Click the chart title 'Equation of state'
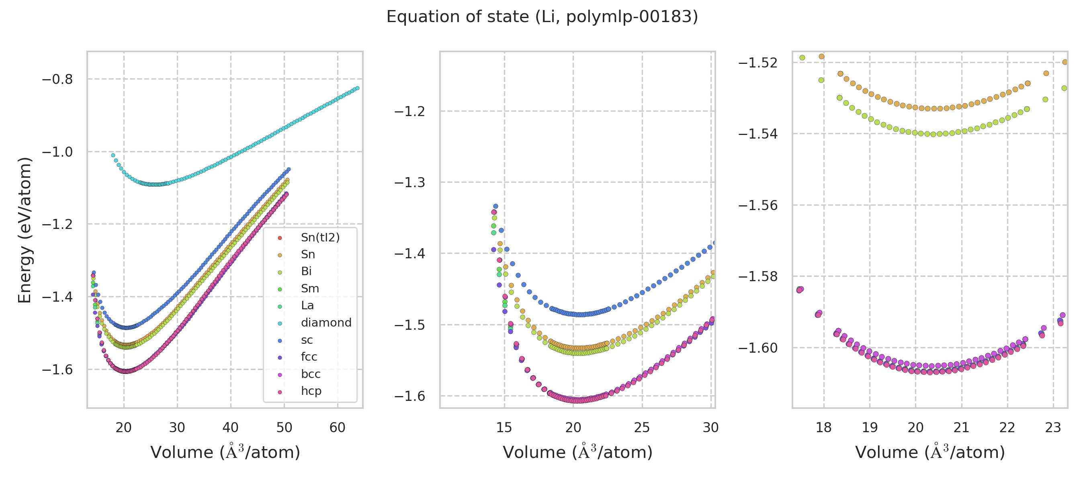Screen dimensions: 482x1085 pos(542,17)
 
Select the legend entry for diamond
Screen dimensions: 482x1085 pos(325,323)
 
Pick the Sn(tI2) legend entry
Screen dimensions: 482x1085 pos(320,237)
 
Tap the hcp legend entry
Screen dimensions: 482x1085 pos(311,391)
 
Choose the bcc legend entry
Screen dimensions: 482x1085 pos(310,374)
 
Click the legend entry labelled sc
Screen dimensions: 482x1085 pos(307,340)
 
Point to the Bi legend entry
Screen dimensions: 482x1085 pos(306,272)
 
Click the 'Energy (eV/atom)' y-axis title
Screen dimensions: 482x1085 pos(25,230)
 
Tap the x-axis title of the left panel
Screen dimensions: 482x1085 pos(225,452)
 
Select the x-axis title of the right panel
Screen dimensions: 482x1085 pos(929,452)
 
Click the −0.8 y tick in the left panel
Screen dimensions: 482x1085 pos(57,79)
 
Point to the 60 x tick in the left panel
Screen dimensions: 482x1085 pos(338,428)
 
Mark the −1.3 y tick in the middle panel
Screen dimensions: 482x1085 pos(409,183)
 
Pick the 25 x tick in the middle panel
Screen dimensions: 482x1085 pos(642,428)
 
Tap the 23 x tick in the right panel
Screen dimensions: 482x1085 pos(1053,428)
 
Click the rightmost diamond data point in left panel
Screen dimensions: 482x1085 pos(357,88)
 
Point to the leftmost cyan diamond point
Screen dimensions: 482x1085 pos(113,155)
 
